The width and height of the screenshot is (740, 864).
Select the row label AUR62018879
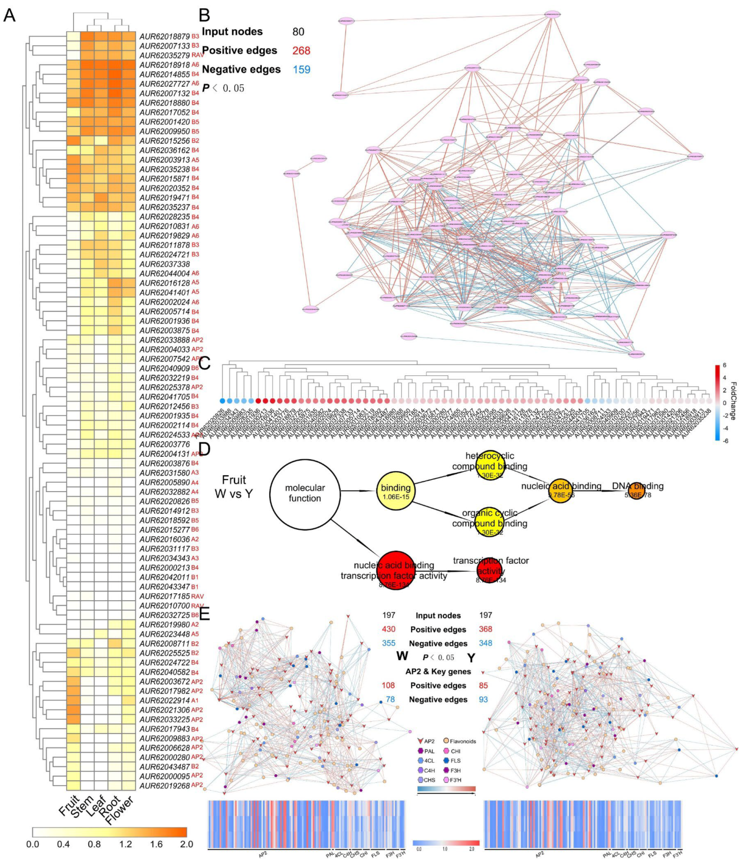pyautogui.click(x=164, y=36)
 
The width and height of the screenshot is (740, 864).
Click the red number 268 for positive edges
pyautogui.click(x=301, y=50)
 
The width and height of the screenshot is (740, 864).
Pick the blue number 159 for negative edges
pyautogui.click(x=301, y=69)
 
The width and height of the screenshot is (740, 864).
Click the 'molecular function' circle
pyautogui.click(x=305, y=493)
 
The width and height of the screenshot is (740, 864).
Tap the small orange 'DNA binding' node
pyautogui.click(x=636, y=490)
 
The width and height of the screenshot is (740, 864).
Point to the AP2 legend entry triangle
pyautogui.click(x=420, y=741)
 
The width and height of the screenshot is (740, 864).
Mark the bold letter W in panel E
pyautogui.click(x=402, y=656)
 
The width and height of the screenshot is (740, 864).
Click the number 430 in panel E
pyautogui.click(x=389, y=629)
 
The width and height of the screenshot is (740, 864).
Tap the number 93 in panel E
pyautogui.click(x=483, y=699)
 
